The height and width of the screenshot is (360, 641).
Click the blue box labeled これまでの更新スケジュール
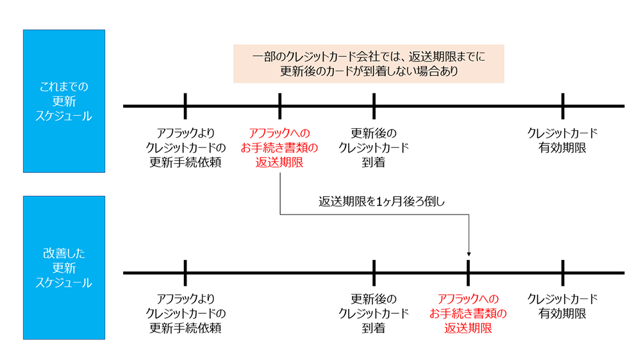point(63,101)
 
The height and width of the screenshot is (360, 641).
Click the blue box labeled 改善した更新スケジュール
point(63,267)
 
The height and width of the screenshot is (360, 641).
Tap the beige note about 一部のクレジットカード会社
point(369,64)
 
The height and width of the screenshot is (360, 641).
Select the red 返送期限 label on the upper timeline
point(279,148)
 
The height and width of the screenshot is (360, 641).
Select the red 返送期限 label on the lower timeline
point(468,314)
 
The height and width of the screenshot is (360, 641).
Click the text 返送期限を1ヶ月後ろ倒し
point(382,201)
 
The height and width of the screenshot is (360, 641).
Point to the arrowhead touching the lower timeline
point(469,256)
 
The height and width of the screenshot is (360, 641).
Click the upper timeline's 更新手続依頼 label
point(185,148)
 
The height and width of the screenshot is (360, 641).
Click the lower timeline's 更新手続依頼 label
point(185,314)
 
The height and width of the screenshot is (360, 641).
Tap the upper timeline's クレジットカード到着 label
point(374,148)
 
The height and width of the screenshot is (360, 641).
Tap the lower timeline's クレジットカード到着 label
point(374,314)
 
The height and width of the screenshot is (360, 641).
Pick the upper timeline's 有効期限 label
point(562,141)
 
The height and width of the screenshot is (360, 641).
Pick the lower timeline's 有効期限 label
point(562,307)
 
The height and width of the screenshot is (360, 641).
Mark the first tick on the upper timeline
point(185,106)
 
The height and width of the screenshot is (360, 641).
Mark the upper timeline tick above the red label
point(280,106)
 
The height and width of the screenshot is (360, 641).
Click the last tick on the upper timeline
point(562,106)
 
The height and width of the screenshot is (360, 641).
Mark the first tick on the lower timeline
point(185,272)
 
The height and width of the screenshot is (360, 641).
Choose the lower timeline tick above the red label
point(469,272)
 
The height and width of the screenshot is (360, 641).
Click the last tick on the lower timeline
point(562,272)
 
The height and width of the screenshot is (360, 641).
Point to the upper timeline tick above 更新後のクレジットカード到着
point(374,106)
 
